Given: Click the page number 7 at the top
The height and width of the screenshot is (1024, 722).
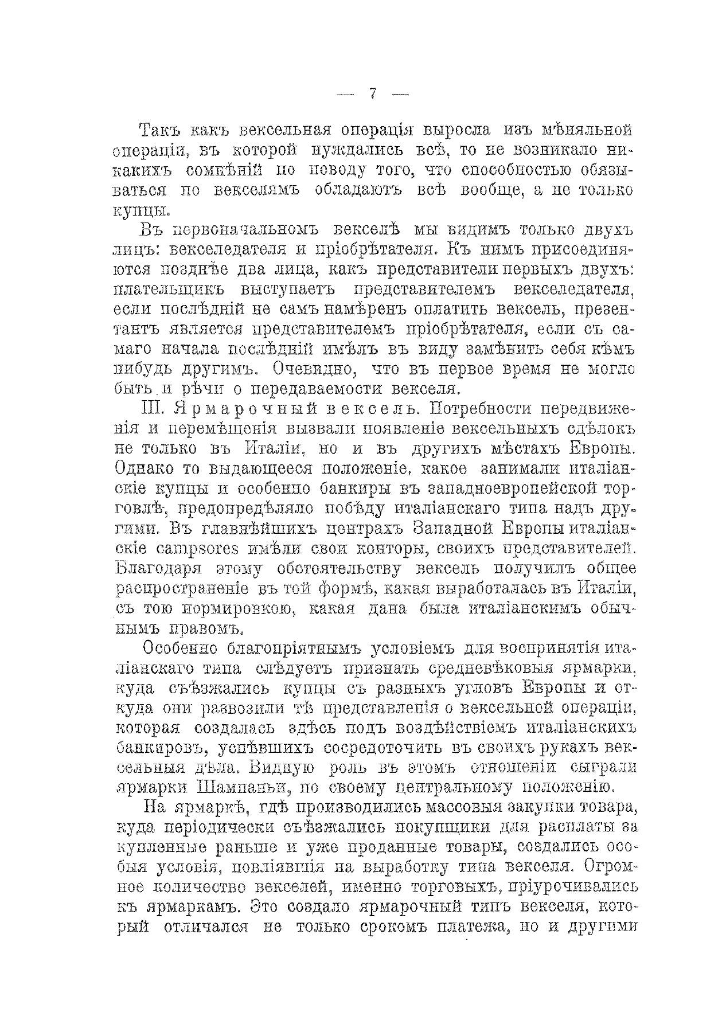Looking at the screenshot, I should coord(373,94).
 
